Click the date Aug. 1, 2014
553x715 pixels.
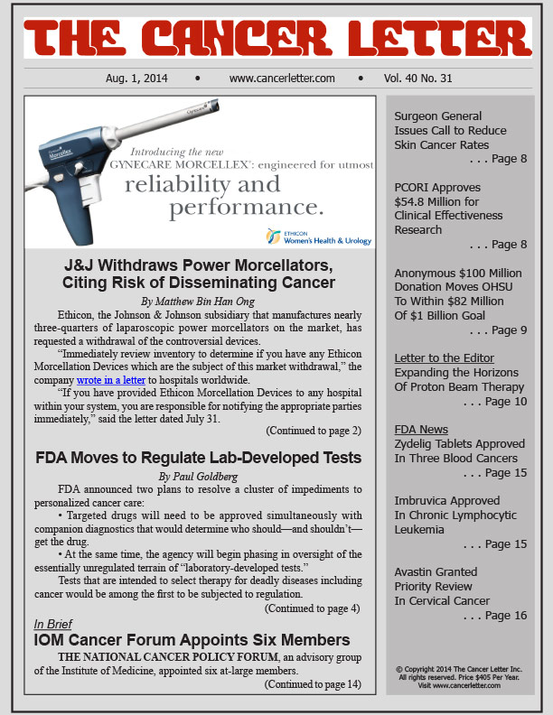143,79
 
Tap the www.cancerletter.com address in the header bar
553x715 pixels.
282,79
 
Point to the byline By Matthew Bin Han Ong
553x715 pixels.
199,300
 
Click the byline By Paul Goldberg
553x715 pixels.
199,475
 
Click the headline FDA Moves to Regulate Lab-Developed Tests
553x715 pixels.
199,456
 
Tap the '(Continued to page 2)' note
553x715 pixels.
313,430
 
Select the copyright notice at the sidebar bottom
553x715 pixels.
460,678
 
